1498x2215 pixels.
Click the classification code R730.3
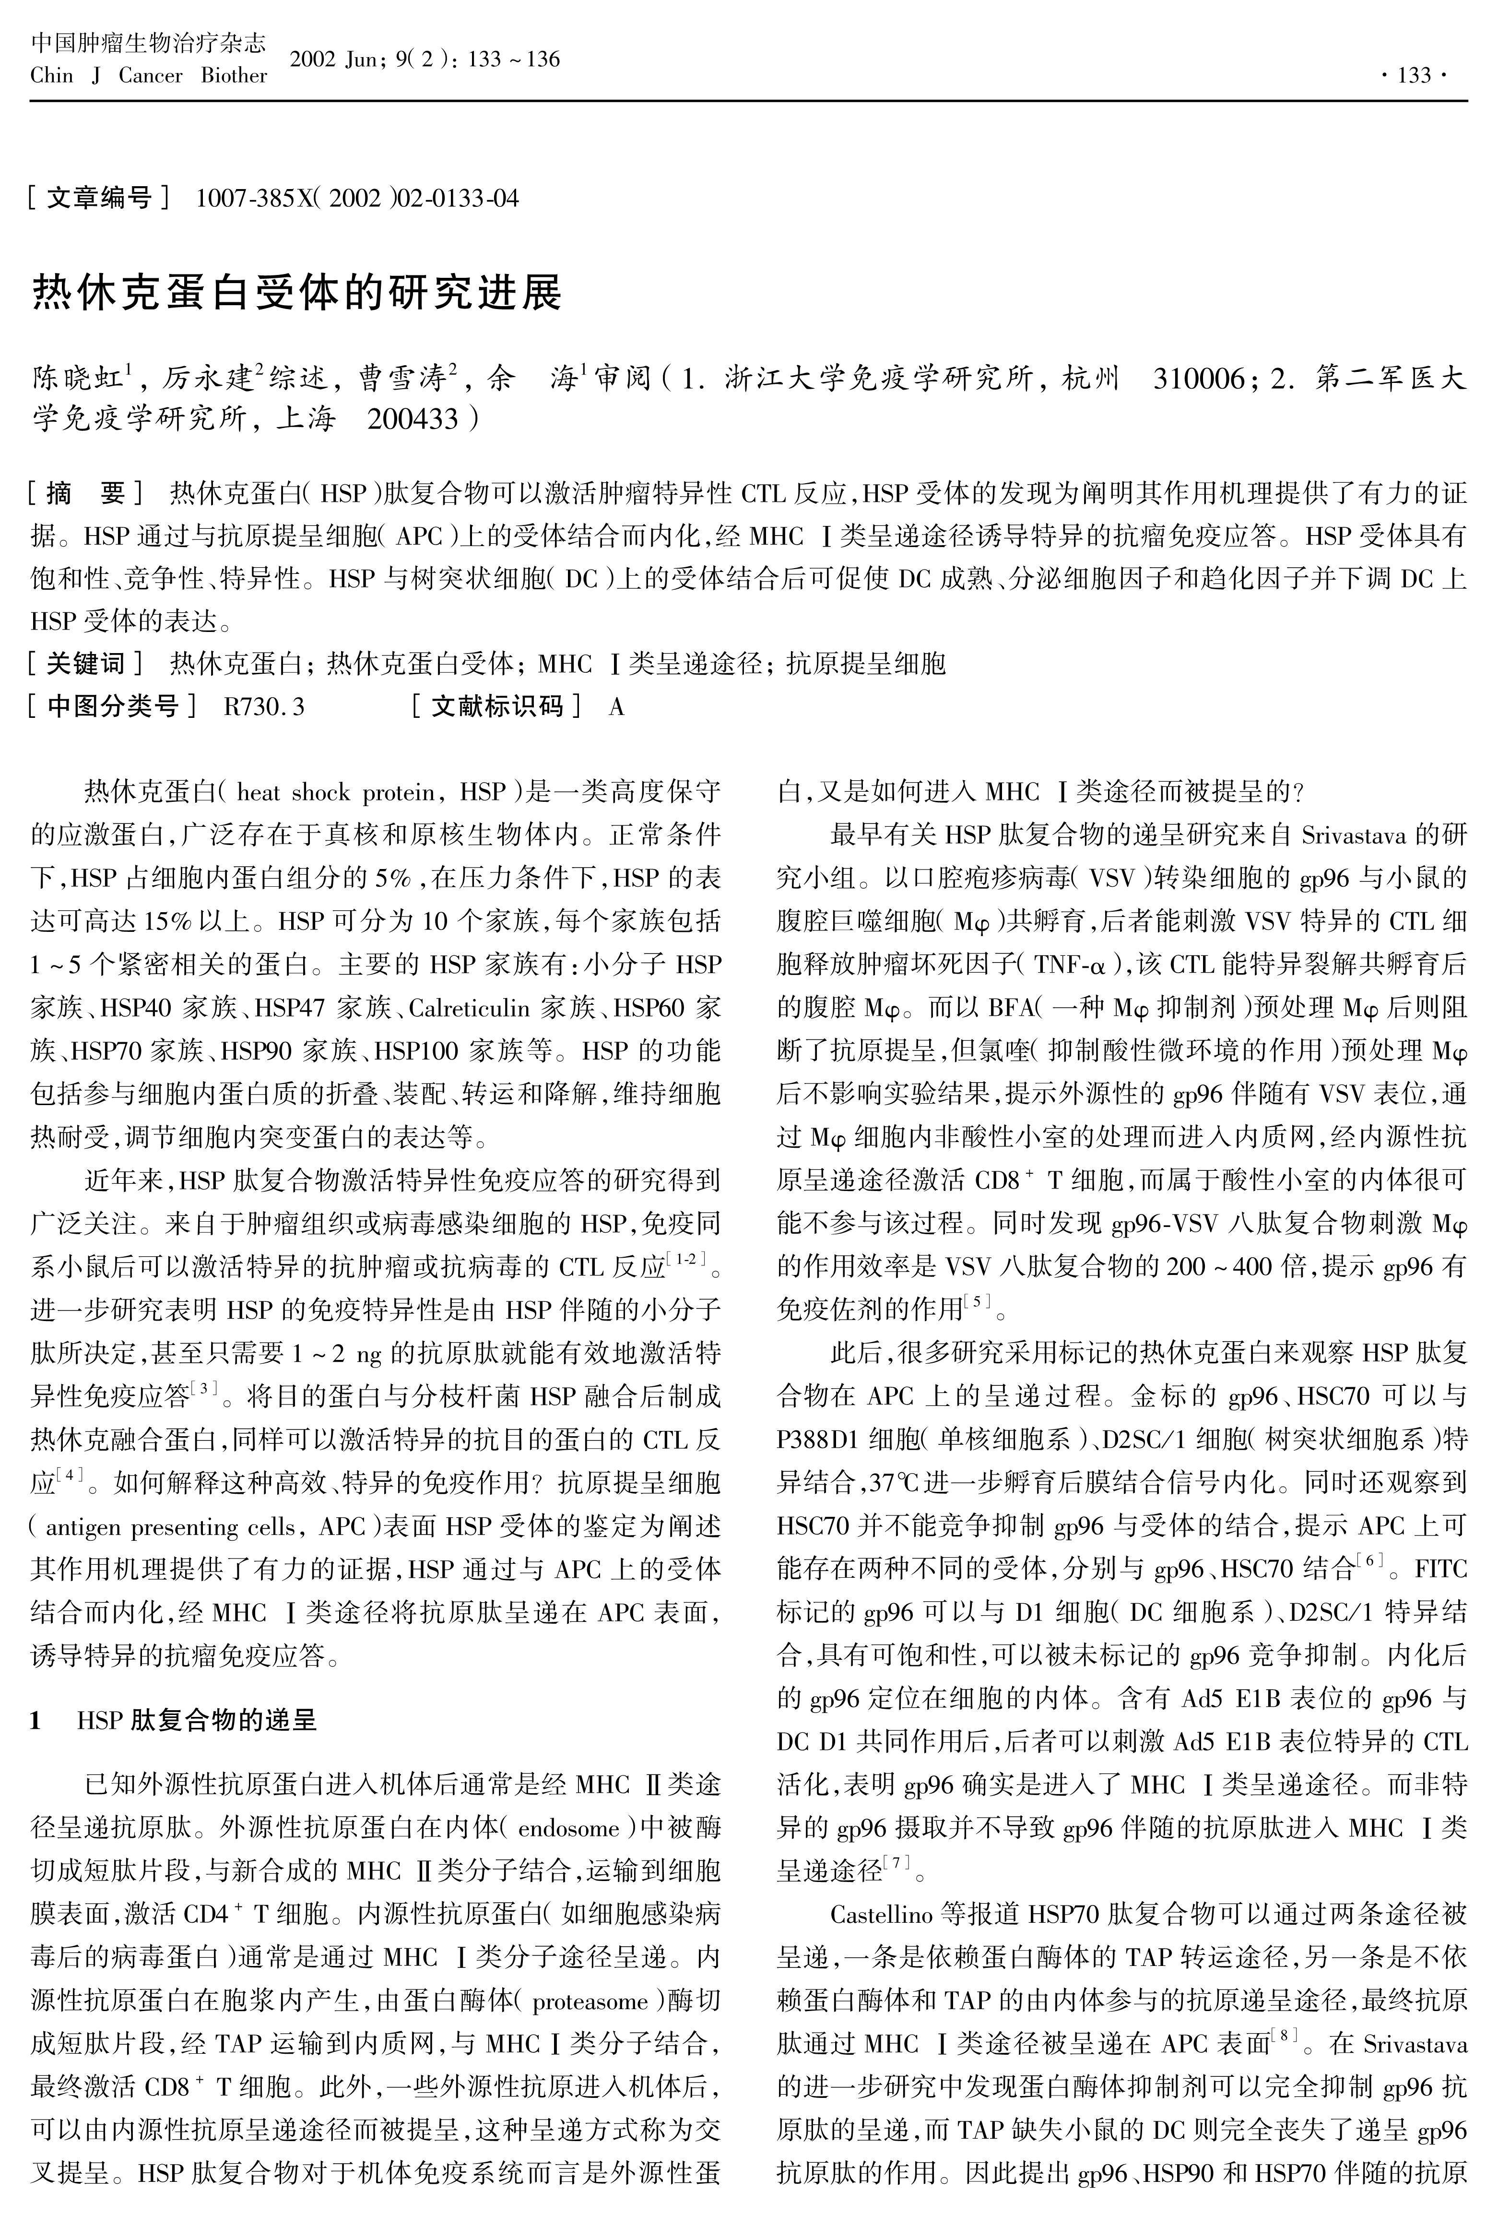click(x=264, y=706)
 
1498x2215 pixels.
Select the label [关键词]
click(x=86, y=663)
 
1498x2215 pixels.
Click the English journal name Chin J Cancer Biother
click(x=149, y=75)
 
